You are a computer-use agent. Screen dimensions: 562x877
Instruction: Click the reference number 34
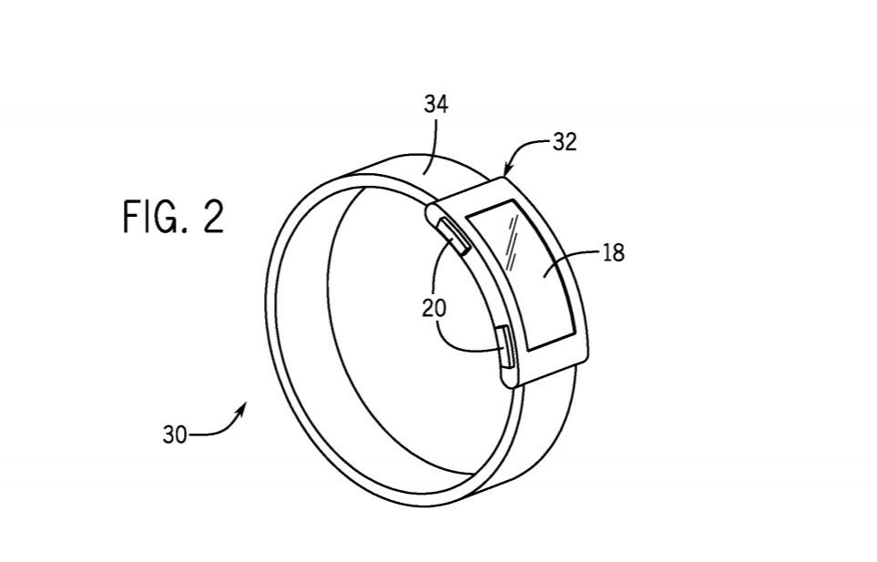coord(435,105)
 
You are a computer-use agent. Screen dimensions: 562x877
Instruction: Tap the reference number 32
coord(564,143)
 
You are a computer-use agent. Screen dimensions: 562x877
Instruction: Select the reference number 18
coord(613,252)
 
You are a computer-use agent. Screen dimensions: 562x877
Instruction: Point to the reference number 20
coord(434,308)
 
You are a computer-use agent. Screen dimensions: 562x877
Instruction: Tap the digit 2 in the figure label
coord(212,218)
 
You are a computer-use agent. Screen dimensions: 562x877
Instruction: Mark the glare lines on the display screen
coord(512,246)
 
